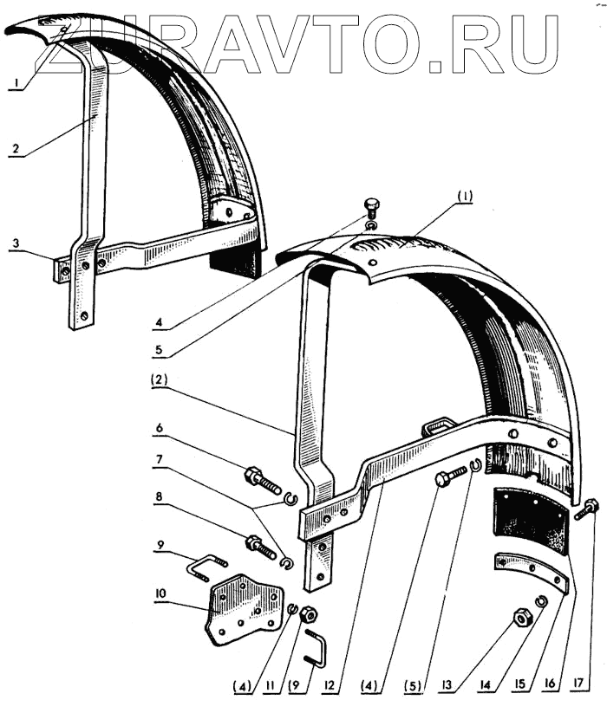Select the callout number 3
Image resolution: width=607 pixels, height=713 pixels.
click(16, 244)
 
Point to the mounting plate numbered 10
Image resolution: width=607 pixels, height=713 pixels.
click(245, 606)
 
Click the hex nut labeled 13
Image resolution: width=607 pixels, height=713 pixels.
click(523, 617)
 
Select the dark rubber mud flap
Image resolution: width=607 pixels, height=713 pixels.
click(530, 520)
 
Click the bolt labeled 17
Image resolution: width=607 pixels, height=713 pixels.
click(586, 509)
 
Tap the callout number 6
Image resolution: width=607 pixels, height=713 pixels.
click(161, 426)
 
